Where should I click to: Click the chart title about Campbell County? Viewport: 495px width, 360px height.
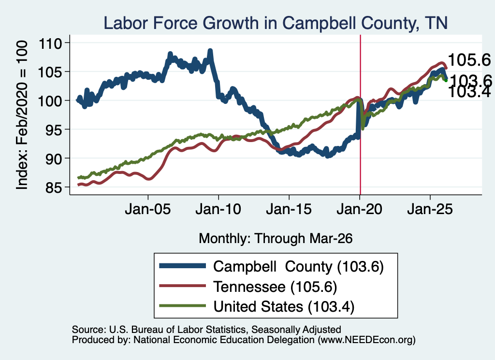point(275,23)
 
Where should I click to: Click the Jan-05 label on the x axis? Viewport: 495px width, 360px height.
point(148,209)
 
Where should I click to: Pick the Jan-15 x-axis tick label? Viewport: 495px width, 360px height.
point(289,209)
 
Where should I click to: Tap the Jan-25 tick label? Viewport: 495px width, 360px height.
point(430,209)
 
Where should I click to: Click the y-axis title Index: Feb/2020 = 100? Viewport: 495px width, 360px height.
point(22,115)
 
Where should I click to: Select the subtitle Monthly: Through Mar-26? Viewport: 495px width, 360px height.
point(276,239)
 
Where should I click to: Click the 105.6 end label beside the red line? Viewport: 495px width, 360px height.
point(469,59)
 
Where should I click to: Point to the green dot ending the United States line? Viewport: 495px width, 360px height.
point(446,80)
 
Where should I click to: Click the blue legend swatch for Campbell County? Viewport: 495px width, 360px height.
point(182,266)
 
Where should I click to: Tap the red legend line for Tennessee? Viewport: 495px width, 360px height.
point(182,286)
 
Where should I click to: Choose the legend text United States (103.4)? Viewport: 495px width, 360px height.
point(284,307)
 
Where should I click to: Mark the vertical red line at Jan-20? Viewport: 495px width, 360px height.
point(360,115)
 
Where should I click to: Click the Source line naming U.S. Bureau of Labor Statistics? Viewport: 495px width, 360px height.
point(206,330)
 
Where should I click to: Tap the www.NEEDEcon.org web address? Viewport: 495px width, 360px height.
point(366,340)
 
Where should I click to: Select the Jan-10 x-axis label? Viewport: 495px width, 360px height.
point(218,209)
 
